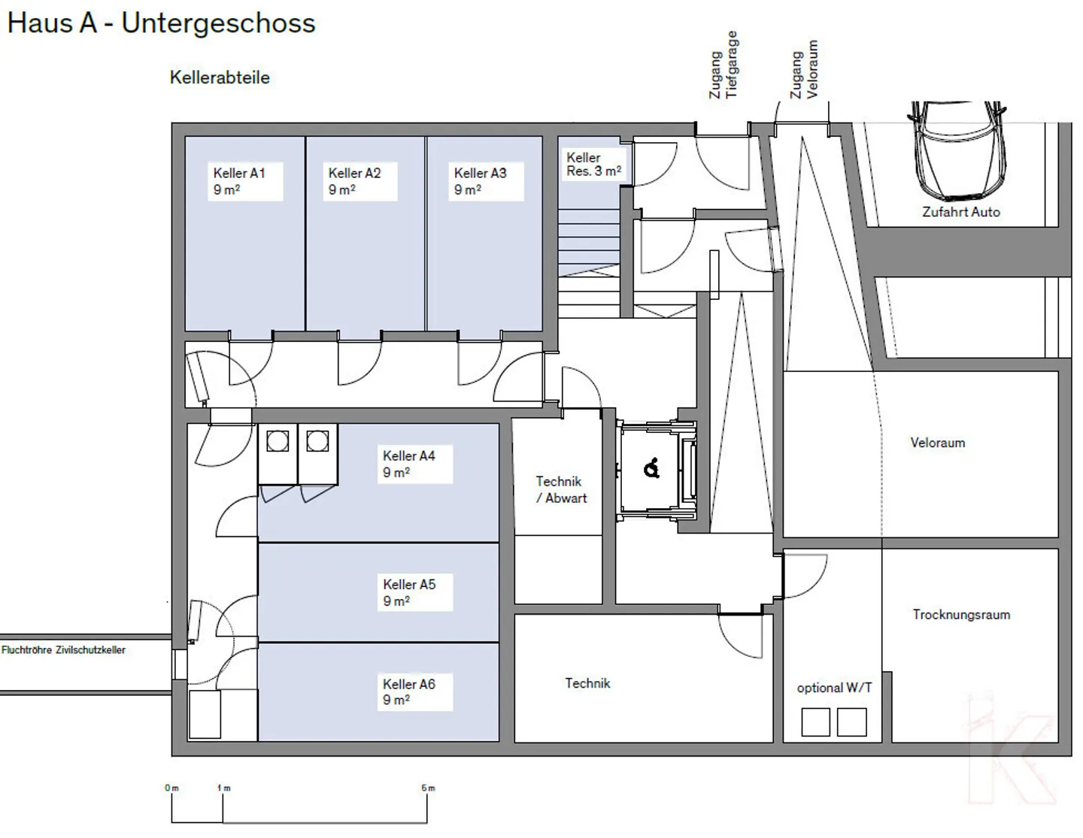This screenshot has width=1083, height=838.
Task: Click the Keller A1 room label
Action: click(x=239, y=181)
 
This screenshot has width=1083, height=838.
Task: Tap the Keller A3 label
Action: click(x=480, y=181)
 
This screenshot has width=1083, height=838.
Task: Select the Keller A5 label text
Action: click(x=409, y=592)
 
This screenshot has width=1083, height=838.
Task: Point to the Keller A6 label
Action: click(x=409, y=691)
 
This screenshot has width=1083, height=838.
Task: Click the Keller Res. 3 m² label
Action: click(x=593, y=165)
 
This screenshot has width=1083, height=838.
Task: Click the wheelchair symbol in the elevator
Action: click(x=652, y=469)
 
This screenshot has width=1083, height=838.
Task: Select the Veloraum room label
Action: click(x=937, y=443)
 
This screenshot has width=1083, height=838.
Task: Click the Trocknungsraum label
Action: click(x=960, y=614)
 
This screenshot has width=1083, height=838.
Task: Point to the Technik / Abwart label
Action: click(x=560, y=489)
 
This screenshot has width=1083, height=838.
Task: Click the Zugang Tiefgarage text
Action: click(x=724, y=66)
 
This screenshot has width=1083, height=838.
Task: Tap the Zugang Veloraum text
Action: click(x=804, y=71)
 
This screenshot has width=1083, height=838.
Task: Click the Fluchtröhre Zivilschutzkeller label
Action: click(x=64, y=650)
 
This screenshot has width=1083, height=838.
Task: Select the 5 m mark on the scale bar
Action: click(x=427, y=788)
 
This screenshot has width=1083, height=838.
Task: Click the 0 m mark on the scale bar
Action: click(x=172, y=788)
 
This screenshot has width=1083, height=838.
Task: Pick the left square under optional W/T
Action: click(x=815, y=722)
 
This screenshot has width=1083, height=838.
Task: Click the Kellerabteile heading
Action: click(x=220, y=77)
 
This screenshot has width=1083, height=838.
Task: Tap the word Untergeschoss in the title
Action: click(x=218, y=23)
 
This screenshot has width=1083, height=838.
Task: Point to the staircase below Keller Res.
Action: click(x=588, y=244)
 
